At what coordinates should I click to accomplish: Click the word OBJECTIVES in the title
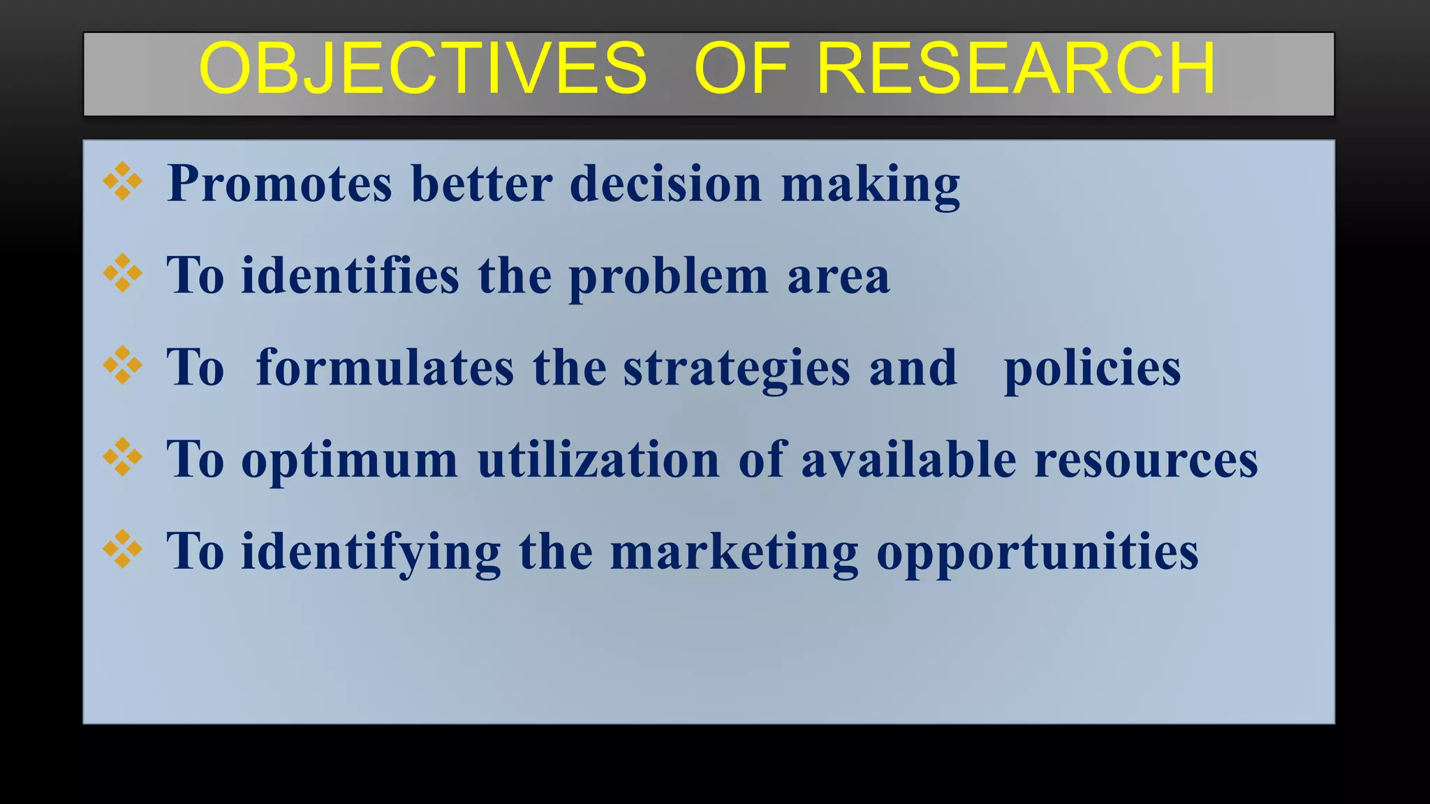[x=423, y=68]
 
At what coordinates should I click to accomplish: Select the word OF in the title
[x=742, y=68]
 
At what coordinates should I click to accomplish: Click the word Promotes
[x=280, y=184]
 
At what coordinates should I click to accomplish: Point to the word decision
[x=665, y=184]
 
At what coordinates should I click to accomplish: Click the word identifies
[x=350, y=276]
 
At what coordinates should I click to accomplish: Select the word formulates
[x=385, y=368]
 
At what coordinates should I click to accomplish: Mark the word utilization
[x=598, y=460]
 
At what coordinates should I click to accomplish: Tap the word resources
[x=1146, y=460]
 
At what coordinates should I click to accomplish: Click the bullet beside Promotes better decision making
[x=123, y=181]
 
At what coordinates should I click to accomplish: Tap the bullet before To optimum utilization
[x=123, y=457]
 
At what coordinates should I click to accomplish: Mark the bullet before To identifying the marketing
[x=123, y=549]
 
